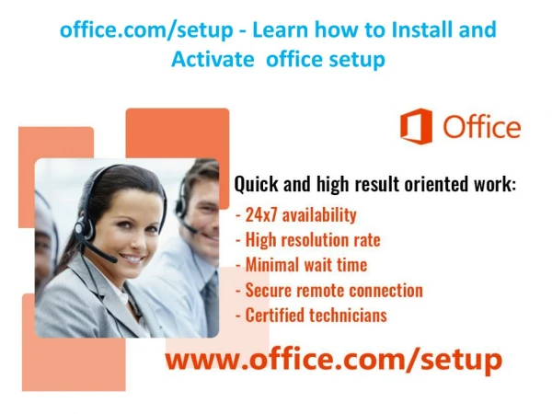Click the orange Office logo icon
[416, 126]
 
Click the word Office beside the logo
[481, 127]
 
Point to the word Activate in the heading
[213, 59]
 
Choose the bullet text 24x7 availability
[301, 214]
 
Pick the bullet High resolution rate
[313, 240]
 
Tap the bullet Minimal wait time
[306, 265]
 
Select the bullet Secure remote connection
[334, 291]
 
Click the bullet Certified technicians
[316, 315]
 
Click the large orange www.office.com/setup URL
[334, 360]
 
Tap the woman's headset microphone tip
[111, 259]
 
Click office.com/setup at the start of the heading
[146, 30]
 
